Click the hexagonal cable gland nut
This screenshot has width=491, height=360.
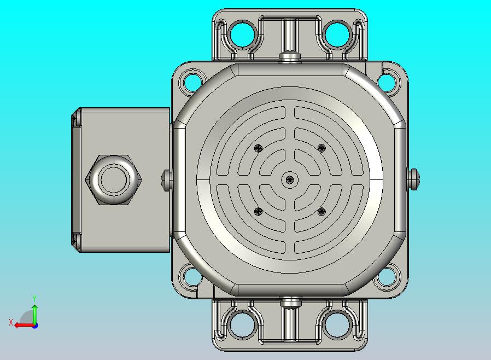click(x=114, y=180)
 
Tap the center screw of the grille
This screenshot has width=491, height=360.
click(x=289, y=180)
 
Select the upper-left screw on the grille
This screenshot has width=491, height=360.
click(x=258, y=148)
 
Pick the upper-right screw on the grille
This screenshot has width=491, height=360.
click(x=322, y=148)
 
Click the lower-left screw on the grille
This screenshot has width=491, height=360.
click(x=258, y=212)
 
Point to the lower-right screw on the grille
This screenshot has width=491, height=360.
click(x=322, y=212)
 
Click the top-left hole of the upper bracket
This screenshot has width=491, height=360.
click(x=242, y=34)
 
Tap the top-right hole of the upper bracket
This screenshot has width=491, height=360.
click(x=337, y=34)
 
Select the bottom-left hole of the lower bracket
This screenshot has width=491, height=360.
click(x=242, y=324)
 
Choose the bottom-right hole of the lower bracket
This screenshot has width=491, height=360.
click(x=337, y=324)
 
